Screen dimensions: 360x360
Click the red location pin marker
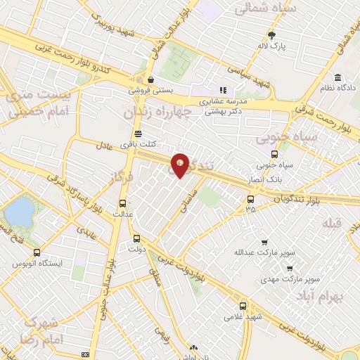tap(181, 165)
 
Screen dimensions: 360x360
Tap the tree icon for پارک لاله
tap(272, 35)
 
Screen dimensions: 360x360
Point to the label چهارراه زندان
tap(155, 112)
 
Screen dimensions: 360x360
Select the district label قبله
tap(330, 223)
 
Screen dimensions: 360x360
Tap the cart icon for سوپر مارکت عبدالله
tap(264, 242)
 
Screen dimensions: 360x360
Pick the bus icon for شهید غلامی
tap(243, 306)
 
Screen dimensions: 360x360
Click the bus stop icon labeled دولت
tap(136, 238)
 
